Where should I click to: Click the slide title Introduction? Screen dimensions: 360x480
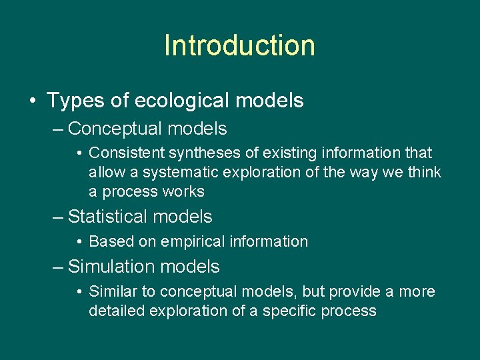pos(239,46)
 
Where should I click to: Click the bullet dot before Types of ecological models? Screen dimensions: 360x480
pos(33,101)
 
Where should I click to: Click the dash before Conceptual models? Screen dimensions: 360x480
pos(58,129)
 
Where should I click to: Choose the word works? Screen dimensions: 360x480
pos(185,191)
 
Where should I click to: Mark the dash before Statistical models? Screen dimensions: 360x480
pos(58,217)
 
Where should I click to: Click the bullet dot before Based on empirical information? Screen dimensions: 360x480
pos(79,242)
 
